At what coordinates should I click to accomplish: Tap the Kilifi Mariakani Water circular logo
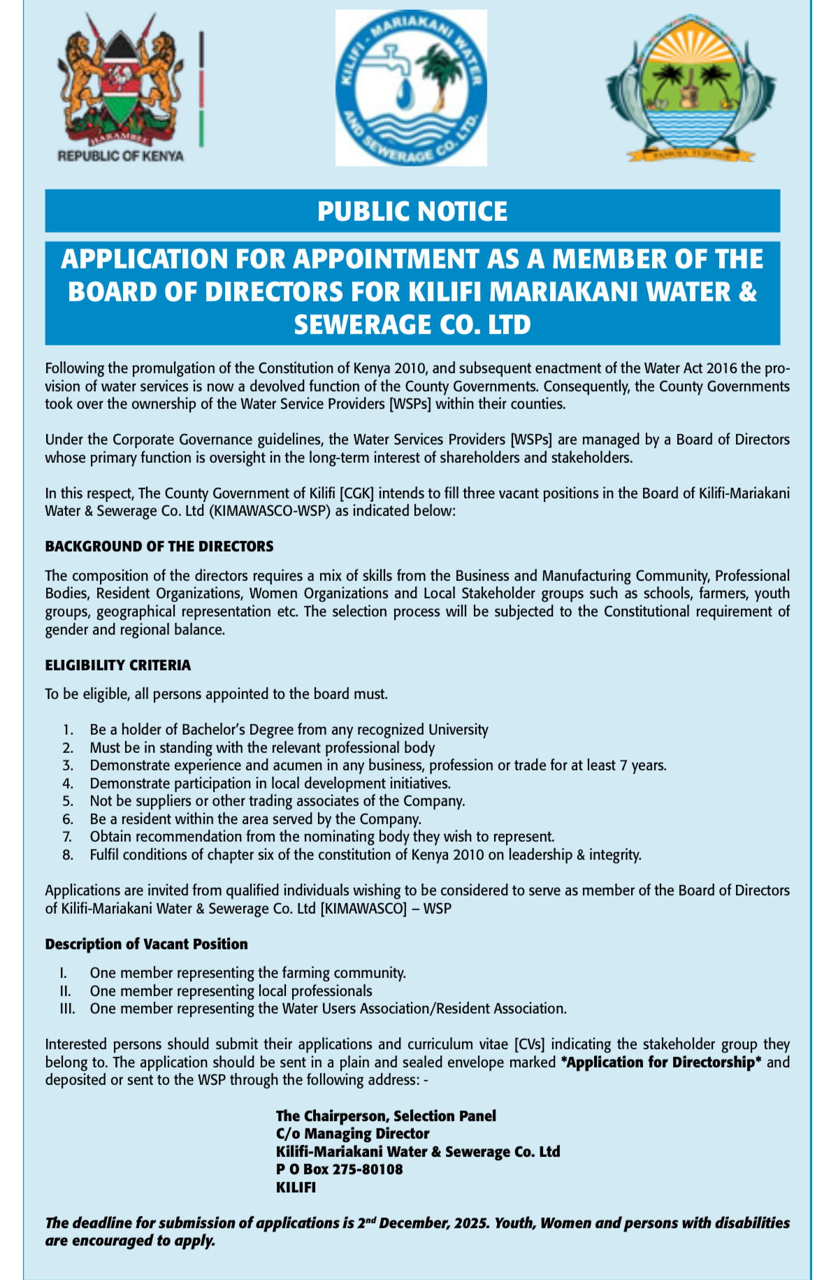coord(411,88)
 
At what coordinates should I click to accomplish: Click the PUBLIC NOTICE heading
coord(412,211)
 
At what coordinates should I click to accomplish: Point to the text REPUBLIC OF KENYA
coord(120,156)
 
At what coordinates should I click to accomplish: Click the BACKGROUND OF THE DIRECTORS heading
coord(159,546)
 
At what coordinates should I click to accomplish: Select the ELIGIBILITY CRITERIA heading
coord(118,665)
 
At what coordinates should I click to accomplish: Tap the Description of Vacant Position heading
coord(147,944)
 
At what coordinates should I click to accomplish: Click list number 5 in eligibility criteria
coord(68,801)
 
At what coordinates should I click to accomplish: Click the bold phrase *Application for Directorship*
coord(660,1062)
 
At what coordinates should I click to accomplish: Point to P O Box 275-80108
coord(340,1169)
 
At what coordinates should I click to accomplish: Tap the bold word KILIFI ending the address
coord(296,1187)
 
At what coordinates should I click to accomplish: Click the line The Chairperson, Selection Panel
coord(386,1116)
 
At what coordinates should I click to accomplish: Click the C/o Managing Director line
coord(352,1133)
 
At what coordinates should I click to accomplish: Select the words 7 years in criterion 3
coord(642,765)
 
